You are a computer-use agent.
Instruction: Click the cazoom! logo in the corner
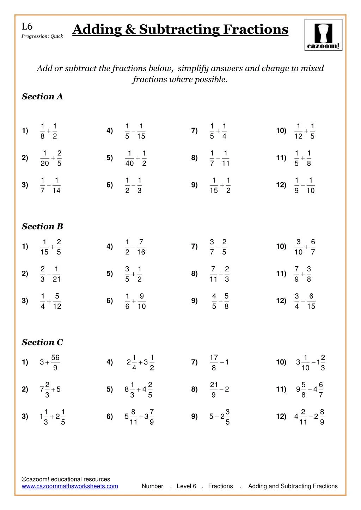pyautogui.click(x=323, y=35)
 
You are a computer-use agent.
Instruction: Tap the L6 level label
pyautogui.click(x=27, y=26)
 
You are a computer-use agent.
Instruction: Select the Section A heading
pyautogui.click(x=42, y=97)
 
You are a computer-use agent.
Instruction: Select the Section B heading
pyautogui.click(x=42, y=227)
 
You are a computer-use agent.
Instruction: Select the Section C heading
pyautogui.click(x=42, y=342)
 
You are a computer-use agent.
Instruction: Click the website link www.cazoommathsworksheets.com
pyautogui.click(x=70, y=486)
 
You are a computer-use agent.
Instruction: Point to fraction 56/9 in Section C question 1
pyautogui.click(x=55, y=363)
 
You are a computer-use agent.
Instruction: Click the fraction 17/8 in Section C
pyautogui.click(x=214, y=363)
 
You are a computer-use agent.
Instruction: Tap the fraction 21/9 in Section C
pyautogui.click(x=214, y=390)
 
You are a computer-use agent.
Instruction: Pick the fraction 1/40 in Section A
pyautogui.click(x=129, y=158)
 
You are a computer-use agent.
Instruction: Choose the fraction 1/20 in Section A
pyautogui.click(x=45, y=158)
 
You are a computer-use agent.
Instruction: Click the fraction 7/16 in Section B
pyautogui.click(x=141, y=247)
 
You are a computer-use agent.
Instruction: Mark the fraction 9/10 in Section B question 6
pyautogui.click(x=141, y=301)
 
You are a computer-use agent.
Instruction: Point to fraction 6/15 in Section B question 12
pyautogui.click(x=311, y=301)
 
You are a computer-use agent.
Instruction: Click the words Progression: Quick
pyautogui.click(x=42, y=36)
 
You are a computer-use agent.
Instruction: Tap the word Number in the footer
pyautogui.click(x=152, y=486)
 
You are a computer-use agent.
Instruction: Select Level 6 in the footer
pyautogui.click(x=186, y=486)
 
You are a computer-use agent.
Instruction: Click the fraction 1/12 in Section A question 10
pyautogui.click(x=298, y=131)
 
